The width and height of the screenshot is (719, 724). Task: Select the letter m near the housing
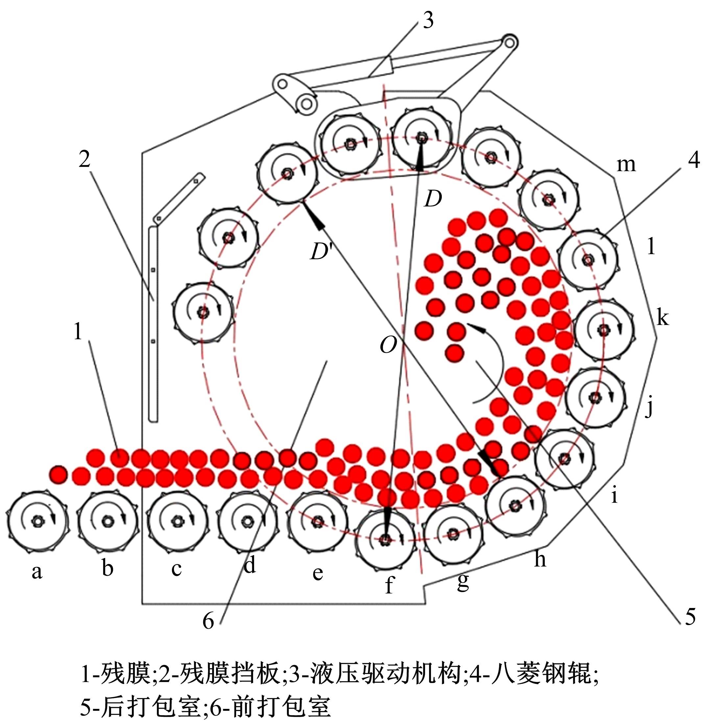click(626, 165)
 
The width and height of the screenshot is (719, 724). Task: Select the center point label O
click(388, 344)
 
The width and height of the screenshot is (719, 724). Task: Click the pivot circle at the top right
click(509, 43)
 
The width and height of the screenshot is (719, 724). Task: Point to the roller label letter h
click(540, 559)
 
